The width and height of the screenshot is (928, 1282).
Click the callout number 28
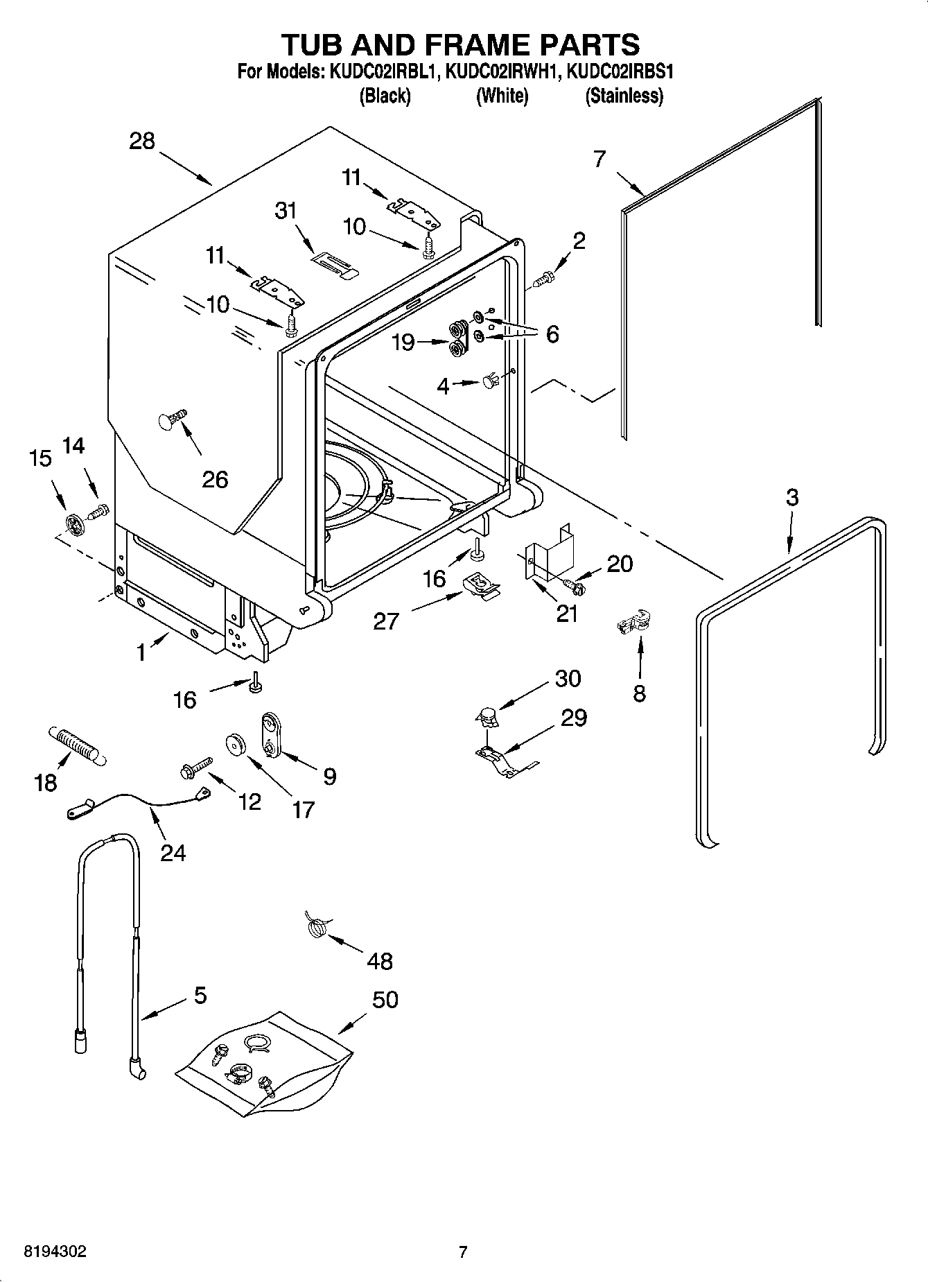coord(142,141)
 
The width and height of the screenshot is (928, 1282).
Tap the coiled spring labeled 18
coord(76,747)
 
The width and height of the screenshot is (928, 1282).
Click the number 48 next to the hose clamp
coord(380,961)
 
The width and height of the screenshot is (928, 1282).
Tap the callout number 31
coord(286,211)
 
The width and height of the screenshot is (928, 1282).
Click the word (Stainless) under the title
coord(624,96)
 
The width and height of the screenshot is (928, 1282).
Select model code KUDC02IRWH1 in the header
coord(500,72)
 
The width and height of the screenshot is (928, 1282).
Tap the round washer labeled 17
coord(237,745)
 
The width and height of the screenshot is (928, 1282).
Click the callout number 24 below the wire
coord(173,852)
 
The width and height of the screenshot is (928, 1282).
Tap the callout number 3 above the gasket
coord(792,497)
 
